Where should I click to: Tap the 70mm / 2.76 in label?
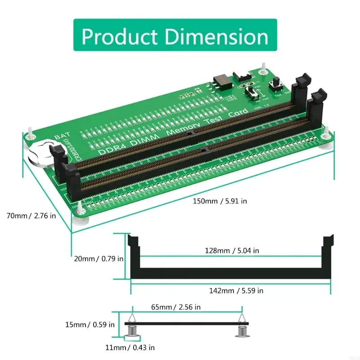(31, 216)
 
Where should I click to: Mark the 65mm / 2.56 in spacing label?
(175, 307)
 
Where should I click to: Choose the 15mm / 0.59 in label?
(89, 324)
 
